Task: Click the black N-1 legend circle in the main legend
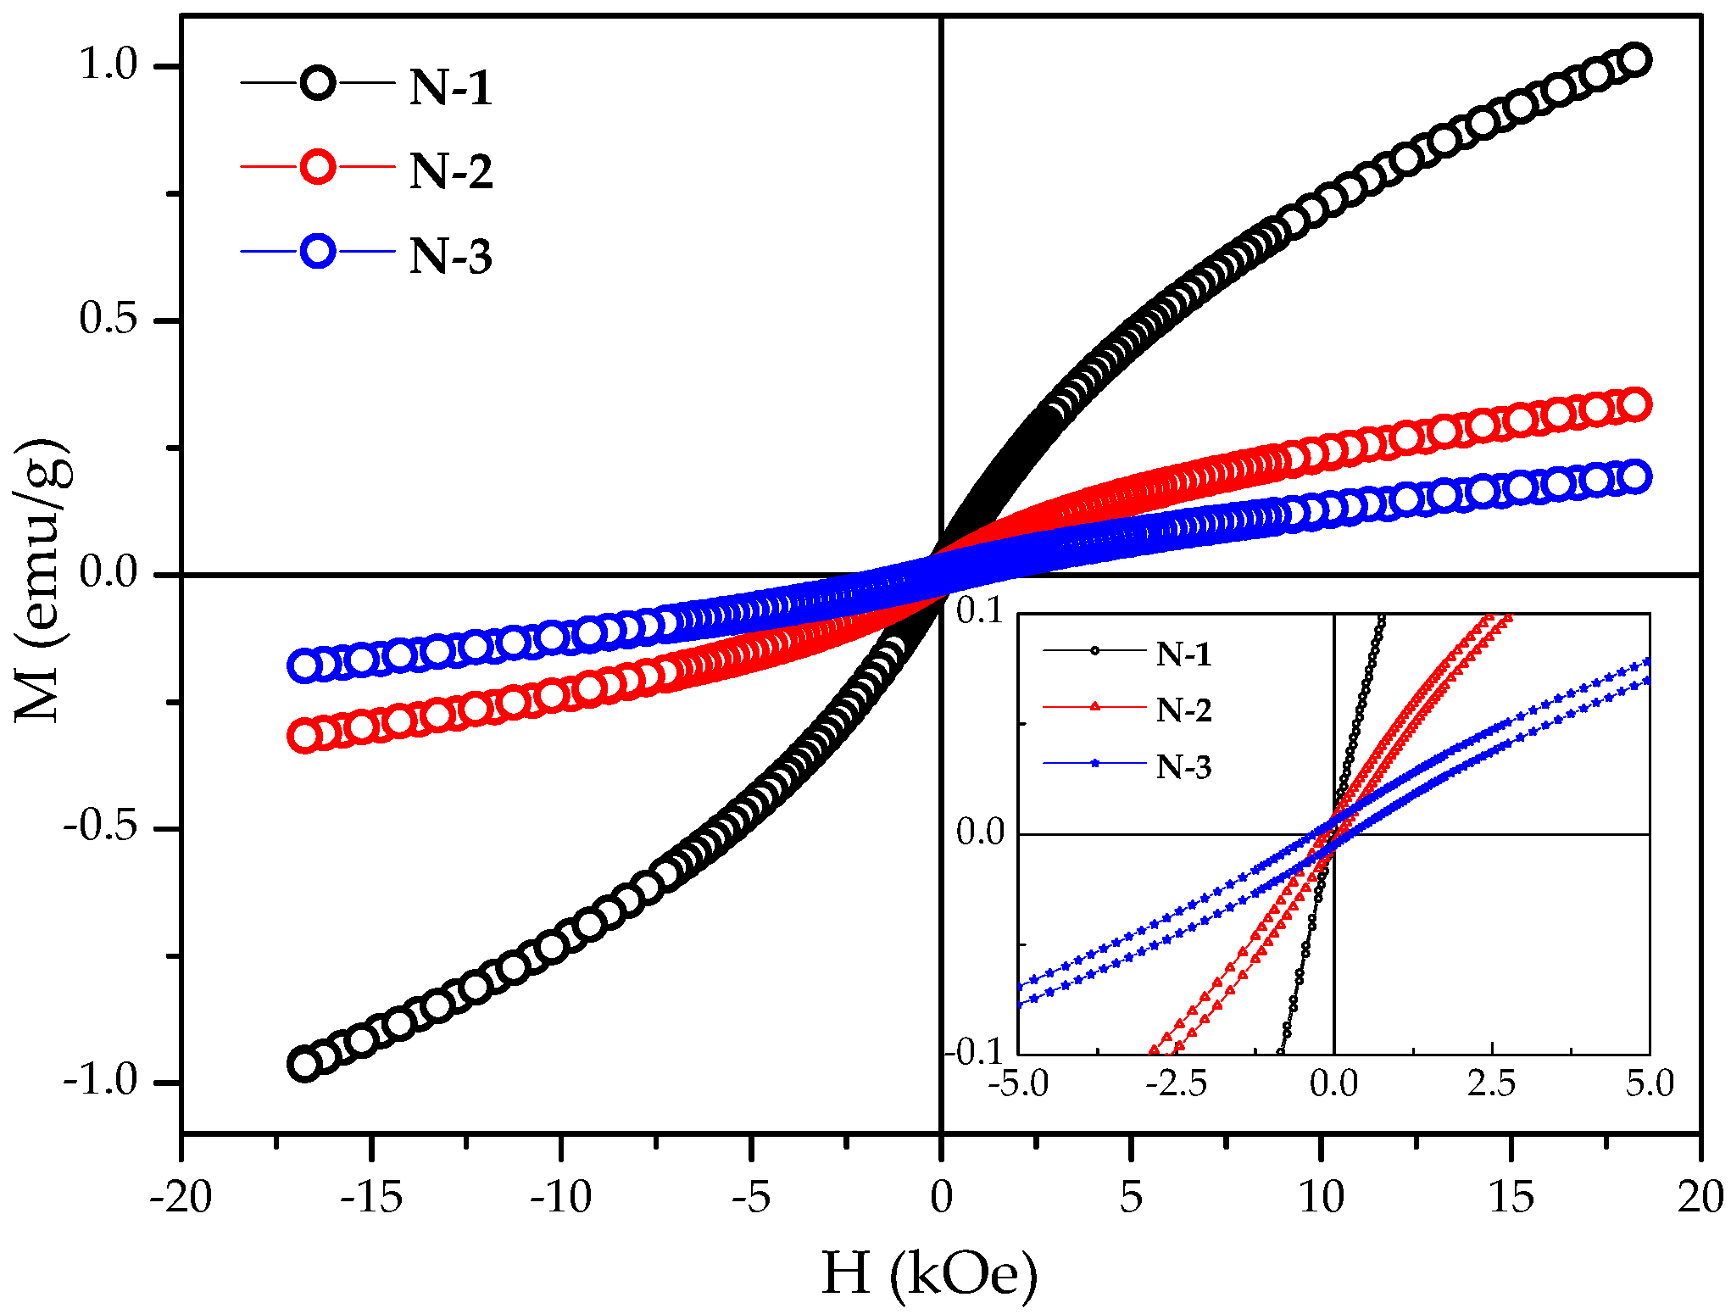(318, 83)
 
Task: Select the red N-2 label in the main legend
(450, 171)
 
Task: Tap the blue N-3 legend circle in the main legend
(318, 252)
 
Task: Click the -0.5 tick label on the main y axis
(100, 827)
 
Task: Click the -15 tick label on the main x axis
(370, 1198)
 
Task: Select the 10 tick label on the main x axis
(1321, 1198)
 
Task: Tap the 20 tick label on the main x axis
(1700, 1198)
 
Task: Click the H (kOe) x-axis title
(929, 1273)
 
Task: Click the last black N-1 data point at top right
(1634, 60)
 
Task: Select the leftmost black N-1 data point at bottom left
(303, 1064)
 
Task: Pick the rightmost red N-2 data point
(1634, 405)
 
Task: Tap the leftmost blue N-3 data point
(303, 665)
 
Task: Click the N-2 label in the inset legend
(1183, 710)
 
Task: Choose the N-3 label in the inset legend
(1183, 767)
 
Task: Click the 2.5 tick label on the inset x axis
(1491, 1084)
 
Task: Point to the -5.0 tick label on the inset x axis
(1024, 1084)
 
